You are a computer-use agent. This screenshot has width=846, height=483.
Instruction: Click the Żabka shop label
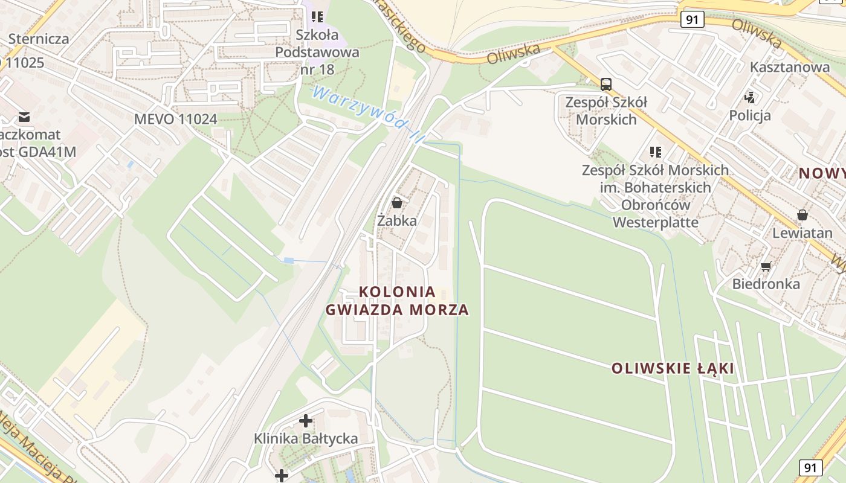point(397,221)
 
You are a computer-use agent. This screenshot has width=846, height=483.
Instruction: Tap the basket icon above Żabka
point(397,203)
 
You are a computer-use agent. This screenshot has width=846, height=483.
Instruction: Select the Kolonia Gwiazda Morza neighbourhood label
point(397,301)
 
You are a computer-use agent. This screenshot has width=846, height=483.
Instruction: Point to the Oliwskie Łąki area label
point(673,368)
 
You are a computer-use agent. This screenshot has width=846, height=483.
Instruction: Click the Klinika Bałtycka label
point(306,438)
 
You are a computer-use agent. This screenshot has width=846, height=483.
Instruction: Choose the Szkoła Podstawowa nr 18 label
point(317,52)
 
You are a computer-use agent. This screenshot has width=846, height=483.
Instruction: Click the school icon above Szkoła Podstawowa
point(317,17)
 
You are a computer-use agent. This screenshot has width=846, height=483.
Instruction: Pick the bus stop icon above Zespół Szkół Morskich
point(606,85)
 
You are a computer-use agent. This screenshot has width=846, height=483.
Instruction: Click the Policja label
point(750,115)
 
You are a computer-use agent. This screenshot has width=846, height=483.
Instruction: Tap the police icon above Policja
point(750,97)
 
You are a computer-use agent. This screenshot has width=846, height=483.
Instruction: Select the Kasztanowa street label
point(790,67)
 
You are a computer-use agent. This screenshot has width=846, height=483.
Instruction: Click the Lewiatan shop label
point(802,232)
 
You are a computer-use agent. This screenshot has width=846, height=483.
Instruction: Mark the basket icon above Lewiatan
point(802,215)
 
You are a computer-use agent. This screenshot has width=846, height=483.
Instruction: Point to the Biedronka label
point(766,284)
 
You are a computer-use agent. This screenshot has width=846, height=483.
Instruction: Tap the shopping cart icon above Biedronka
point(766,266)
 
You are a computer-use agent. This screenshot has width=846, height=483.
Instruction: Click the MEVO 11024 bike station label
point(175,119)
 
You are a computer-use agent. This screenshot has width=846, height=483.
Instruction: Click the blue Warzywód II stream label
point(365,115)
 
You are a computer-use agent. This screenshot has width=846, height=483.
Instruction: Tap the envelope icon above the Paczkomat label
point(24,117)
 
